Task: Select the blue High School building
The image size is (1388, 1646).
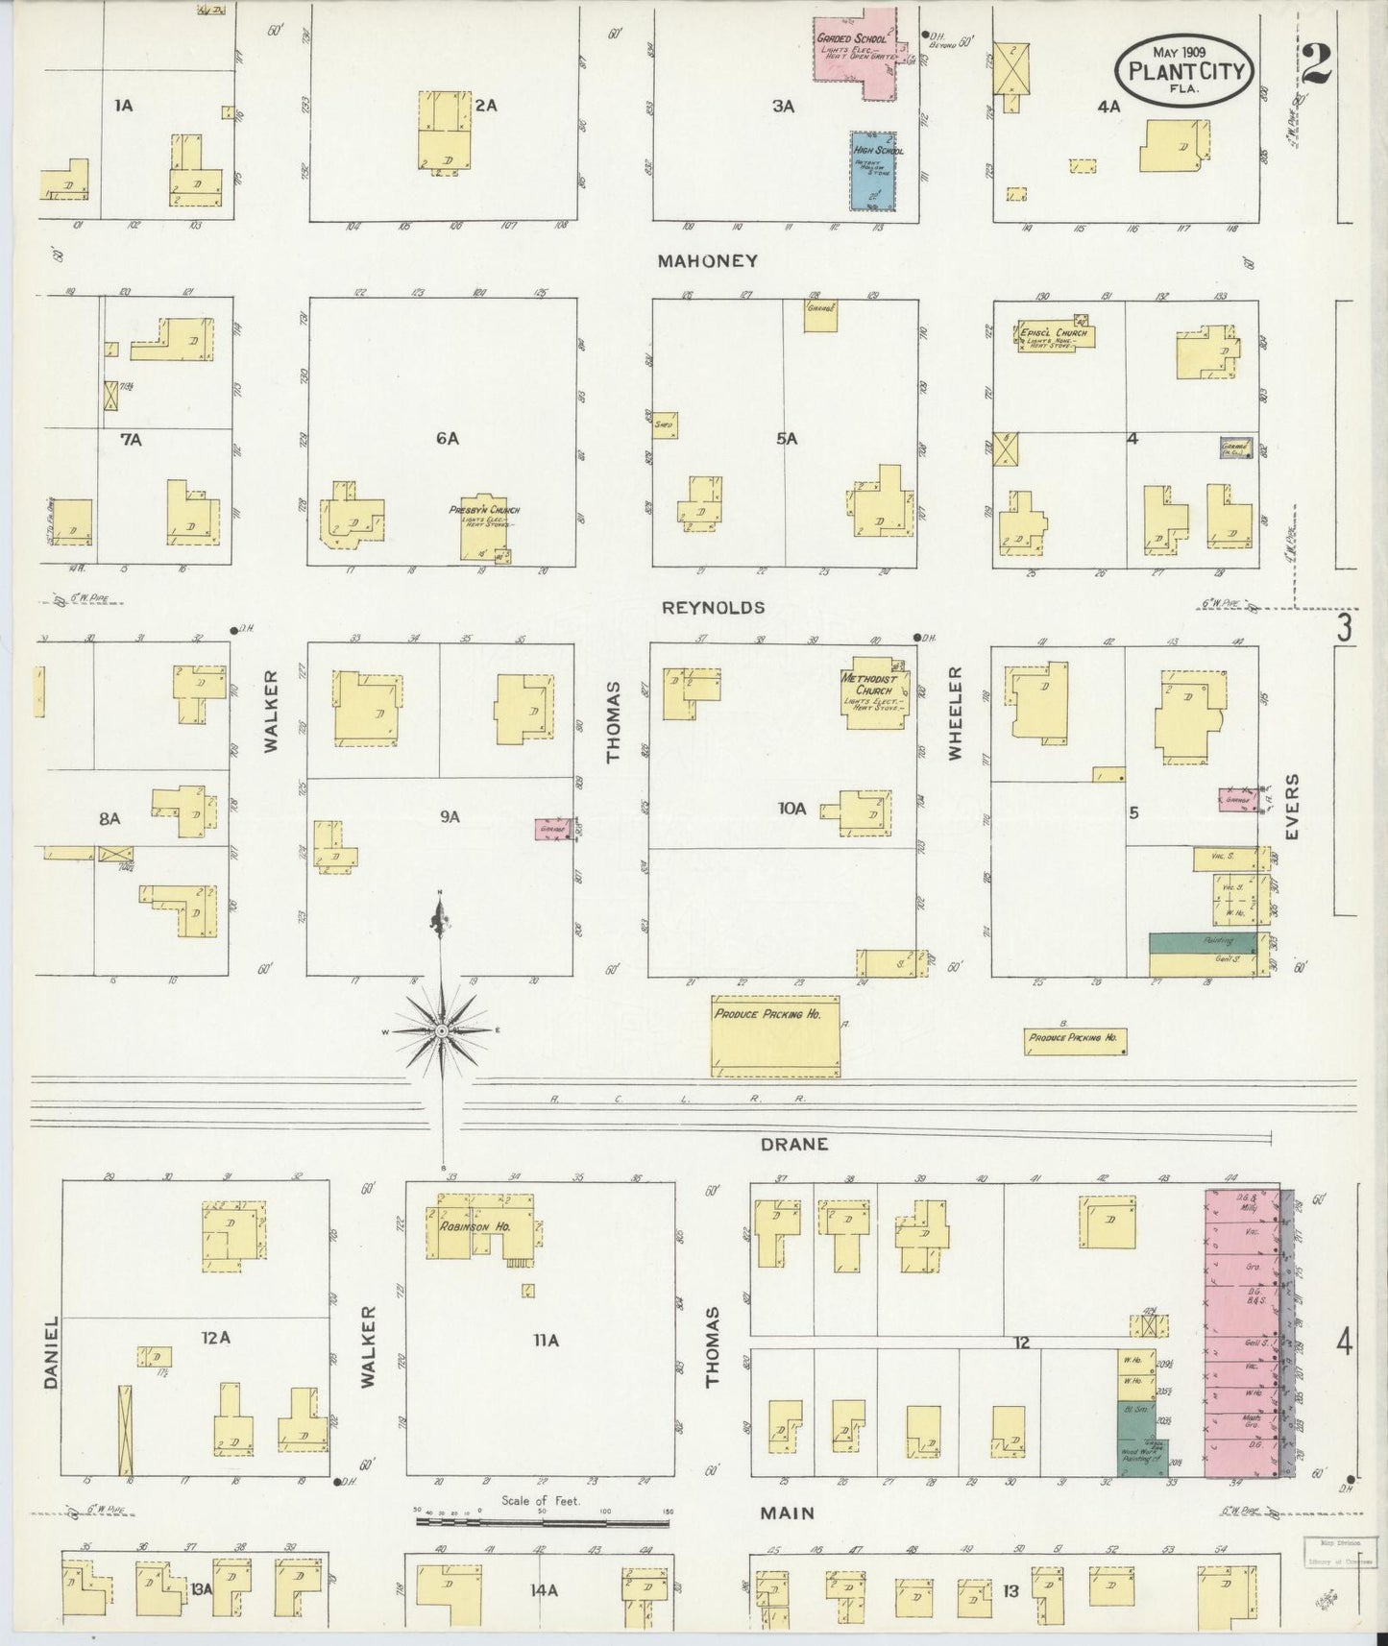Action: (872, 172)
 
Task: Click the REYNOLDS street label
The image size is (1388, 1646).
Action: (726, 607)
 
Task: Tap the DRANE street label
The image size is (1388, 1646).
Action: (793, 1144)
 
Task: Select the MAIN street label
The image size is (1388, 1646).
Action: (787, 1513)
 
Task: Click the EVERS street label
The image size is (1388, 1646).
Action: (1292, 807)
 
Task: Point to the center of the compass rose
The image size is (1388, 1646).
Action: (441, 1030)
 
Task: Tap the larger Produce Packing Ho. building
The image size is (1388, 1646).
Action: (775, 1035)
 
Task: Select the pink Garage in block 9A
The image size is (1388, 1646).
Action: (552, 829)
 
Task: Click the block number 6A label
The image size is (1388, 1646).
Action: (447, 438)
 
